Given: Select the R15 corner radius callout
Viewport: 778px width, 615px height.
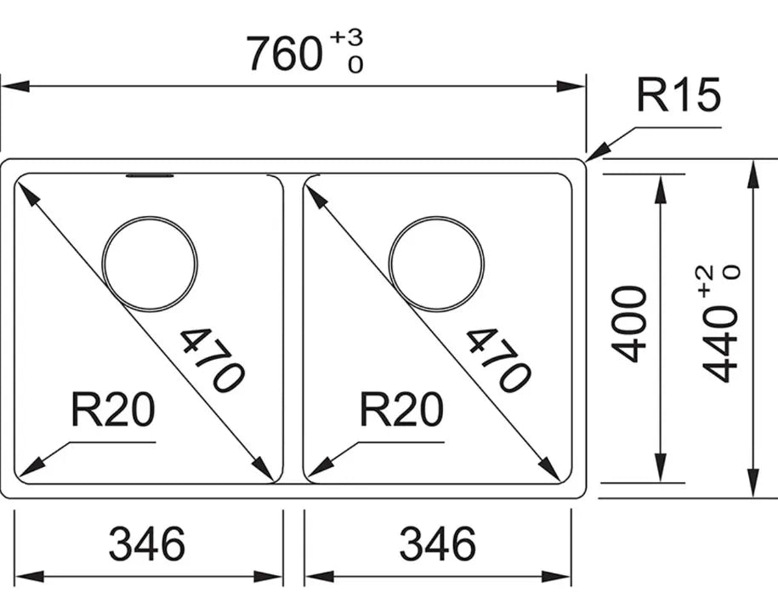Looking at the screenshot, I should [x=679, y=97].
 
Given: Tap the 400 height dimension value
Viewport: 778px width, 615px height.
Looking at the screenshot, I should [x=632, y=324].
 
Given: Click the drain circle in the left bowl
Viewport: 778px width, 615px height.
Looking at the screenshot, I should [x=150, y=263].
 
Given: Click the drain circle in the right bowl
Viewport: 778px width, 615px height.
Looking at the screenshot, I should [x=436, y=263].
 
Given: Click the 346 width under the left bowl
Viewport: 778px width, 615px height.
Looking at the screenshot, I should [x=147, y=543].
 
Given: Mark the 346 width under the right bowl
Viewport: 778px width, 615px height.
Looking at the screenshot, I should [x=437, y=543].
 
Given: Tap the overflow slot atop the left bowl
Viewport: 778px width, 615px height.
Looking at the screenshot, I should [x=150, y=176].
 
